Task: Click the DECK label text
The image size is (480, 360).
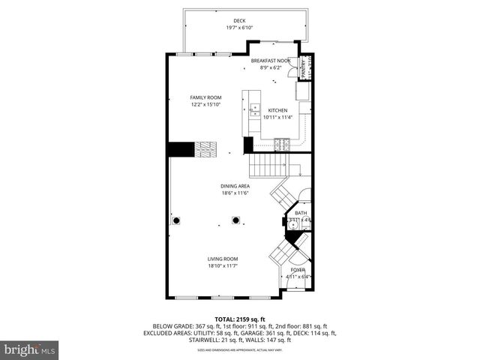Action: coord(239,21)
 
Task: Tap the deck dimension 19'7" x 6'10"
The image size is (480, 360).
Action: coord(239,28)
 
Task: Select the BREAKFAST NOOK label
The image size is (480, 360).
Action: coord(270,61)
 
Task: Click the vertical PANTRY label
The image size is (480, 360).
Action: coord(304,67)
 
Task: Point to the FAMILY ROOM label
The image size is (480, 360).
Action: coord(205,97)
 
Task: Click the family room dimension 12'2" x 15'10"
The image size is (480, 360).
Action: coord(205,104)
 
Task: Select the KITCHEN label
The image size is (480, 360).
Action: coord(277,110)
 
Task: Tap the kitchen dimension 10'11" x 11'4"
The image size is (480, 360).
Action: coord(277,117)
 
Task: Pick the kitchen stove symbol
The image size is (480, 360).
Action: coord(283,144)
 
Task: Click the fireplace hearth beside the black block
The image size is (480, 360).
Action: coord(205,149)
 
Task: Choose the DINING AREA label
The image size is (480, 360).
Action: coord(235,186)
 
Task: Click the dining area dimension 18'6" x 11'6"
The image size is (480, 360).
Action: coord(235,193)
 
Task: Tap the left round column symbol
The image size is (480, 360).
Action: coord(177,220)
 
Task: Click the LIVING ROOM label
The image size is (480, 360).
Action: coord(223,259)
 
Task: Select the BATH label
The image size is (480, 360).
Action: coord(300,213)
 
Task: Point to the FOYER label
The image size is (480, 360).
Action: coord(298,270)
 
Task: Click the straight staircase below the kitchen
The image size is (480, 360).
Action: coord(268,163)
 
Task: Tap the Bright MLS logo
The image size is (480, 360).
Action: coord(30,349)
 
